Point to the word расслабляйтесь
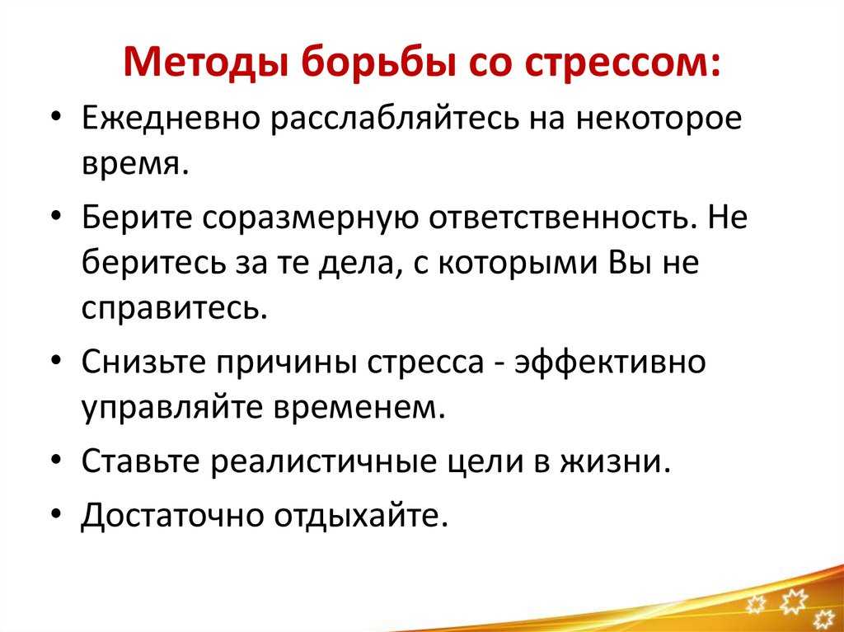point(396,119)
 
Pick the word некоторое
point(659,120)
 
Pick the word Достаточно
point(172,515)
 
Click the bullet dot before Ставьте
point(57,462)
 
